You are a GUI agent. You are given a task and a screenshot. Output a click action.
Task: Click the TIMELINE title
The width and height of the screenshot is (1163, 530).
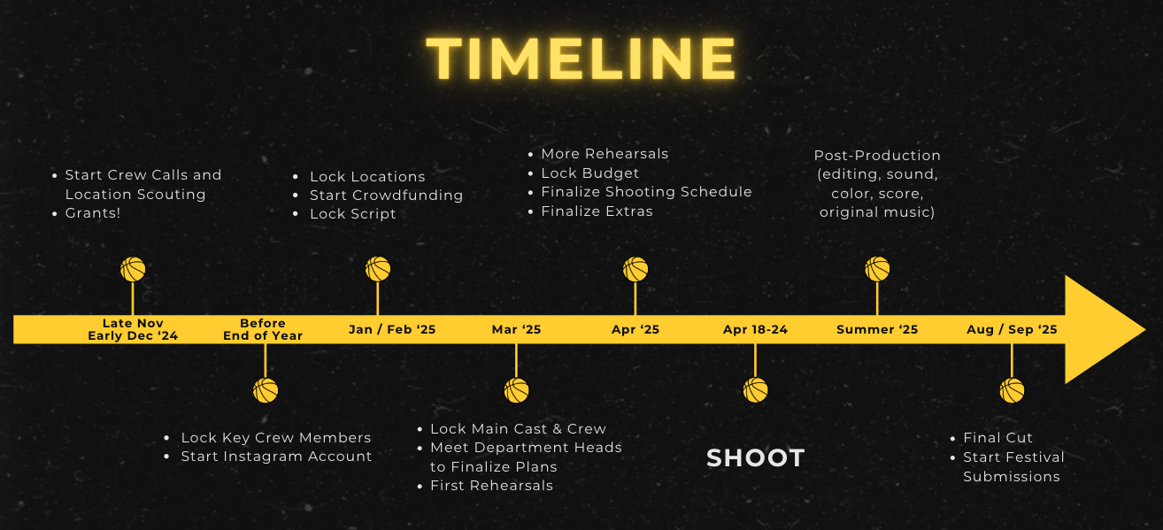click(581, 58)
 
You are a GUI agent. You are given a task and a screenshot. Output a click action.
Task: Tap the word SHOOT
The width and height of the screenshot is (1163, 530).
click(756, 457)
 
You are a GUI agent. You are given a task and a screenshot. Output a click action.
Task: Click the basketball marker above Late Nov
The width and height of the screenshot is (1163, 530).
click(133, 269)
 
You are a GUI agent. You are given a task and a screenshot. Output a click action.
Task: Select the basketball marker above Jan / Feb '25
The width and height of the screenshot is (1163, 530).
click(377, 269)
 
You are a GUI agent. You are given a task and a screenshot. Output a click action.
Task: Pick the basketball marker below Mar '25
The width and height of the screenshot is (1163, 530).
click(516, 390)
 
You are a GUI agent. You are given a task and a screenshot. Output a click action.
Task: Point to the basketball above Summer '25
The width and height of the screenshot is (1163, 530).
click(877, 269)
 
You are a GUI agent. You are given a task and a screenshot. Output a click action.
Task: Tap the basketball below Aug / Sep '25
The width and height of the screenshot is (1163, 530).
click(1012, 390)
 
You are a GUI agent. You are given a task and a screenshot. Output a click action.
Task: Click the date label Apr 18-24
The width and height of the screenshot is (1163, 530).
click(756, 330)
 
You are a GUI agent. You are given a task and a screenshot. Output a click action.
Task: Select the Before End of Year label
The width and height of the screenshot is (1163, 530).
click(263, 329)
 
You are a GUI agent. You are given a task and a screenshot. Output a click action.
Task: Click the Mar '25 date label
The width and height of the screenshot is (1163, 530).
click(516, 330)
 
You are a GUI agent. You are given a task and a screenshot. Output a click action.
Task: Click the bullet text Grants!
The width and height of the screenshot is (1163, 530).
click(92, 213)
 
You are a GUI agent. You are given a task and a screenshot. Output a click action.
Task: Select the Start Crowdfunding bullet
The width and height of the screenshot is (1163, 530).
click(386, 196)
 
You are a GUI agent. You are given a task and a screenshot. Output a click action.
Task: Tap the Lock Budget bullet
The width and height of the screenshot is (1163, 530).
click(589, 173)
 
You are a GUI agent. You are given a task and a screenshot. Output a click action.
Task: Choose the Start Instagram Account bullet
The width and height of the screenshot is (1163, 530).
click(276, 457)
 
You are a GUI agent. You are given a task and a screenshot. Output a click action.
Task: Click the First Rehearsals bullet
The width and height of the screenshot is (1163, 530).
click(492, 486)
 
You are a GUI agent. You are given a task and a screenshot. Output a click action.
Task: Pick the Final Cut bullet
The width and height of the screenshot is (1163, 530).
click(997, 438)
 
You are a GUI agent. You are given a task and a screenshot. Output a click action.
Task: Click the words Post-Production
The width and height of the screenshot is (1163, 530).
click(877, 155)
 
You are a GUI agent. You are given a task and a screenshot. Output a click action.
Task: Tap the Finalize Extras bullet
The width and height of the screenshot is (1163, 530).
click(597, 211)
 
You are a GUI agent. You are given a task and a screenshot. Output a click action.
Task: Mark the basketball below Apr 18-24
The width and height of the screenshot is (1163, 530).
click(756, 390)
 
